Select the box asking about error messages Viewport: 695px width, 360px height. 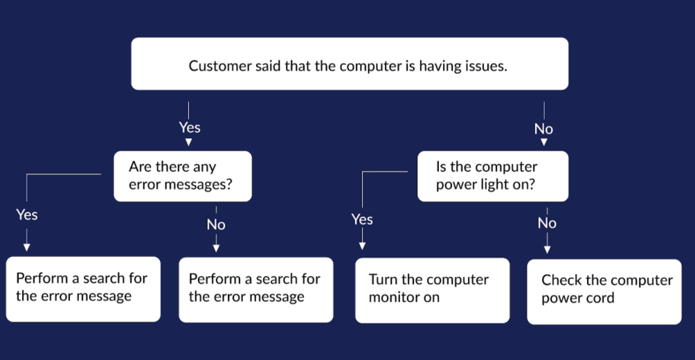[183, 176]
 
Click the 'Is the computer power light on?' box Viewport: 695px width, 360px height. [493, 176]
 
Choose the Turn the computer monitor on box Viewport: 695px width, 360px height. [432, 290]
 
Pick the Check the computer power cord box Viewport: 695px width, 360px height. [604, 291]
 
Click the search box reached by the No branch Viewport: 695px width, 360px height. [255, 289]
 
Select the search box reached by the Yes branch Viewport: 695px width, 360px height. [83, 289]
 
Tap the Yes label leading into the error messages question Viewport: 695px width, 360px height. [190, 127]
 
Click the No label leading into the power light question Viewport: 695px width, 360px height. [544, 129]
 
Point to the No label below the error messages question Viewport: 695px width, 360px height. [216, 225]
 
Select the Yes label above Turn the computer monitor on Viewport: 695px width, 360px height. [362, 219]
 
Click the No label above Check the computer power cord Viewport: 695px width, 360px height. [547, 223]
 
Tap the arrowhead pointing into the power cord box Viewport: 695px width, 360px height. [547, 250]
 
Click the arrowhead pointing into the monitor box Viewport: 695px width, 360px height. [362, 246]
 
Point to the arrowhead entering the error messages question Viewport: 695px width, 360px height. [188, 143]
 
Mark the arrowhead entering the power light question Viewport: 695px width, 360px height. [544, 143]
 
